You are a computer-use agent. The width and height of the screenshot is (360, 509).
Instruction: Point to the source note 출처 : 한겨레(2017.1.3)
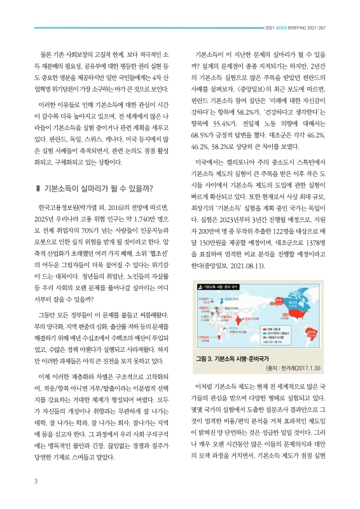[x=298, y=368]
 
